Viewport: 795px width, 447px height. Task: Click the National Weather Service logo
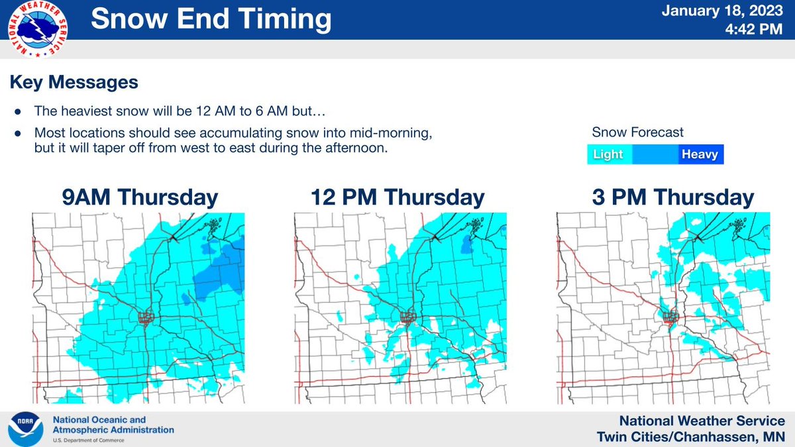[40, 29]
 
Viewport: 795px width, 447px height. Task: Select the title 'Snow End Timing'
[211, 20]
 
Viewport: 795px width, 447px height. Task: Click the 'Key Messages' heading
[74, 83]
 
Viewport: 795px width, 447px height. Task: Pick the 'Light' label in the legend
[608, 155]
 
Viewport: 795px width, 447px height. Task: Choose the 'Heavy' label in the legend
[700, 155]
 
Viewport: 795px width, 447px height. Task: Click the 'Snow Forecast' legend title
[637, 132]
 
